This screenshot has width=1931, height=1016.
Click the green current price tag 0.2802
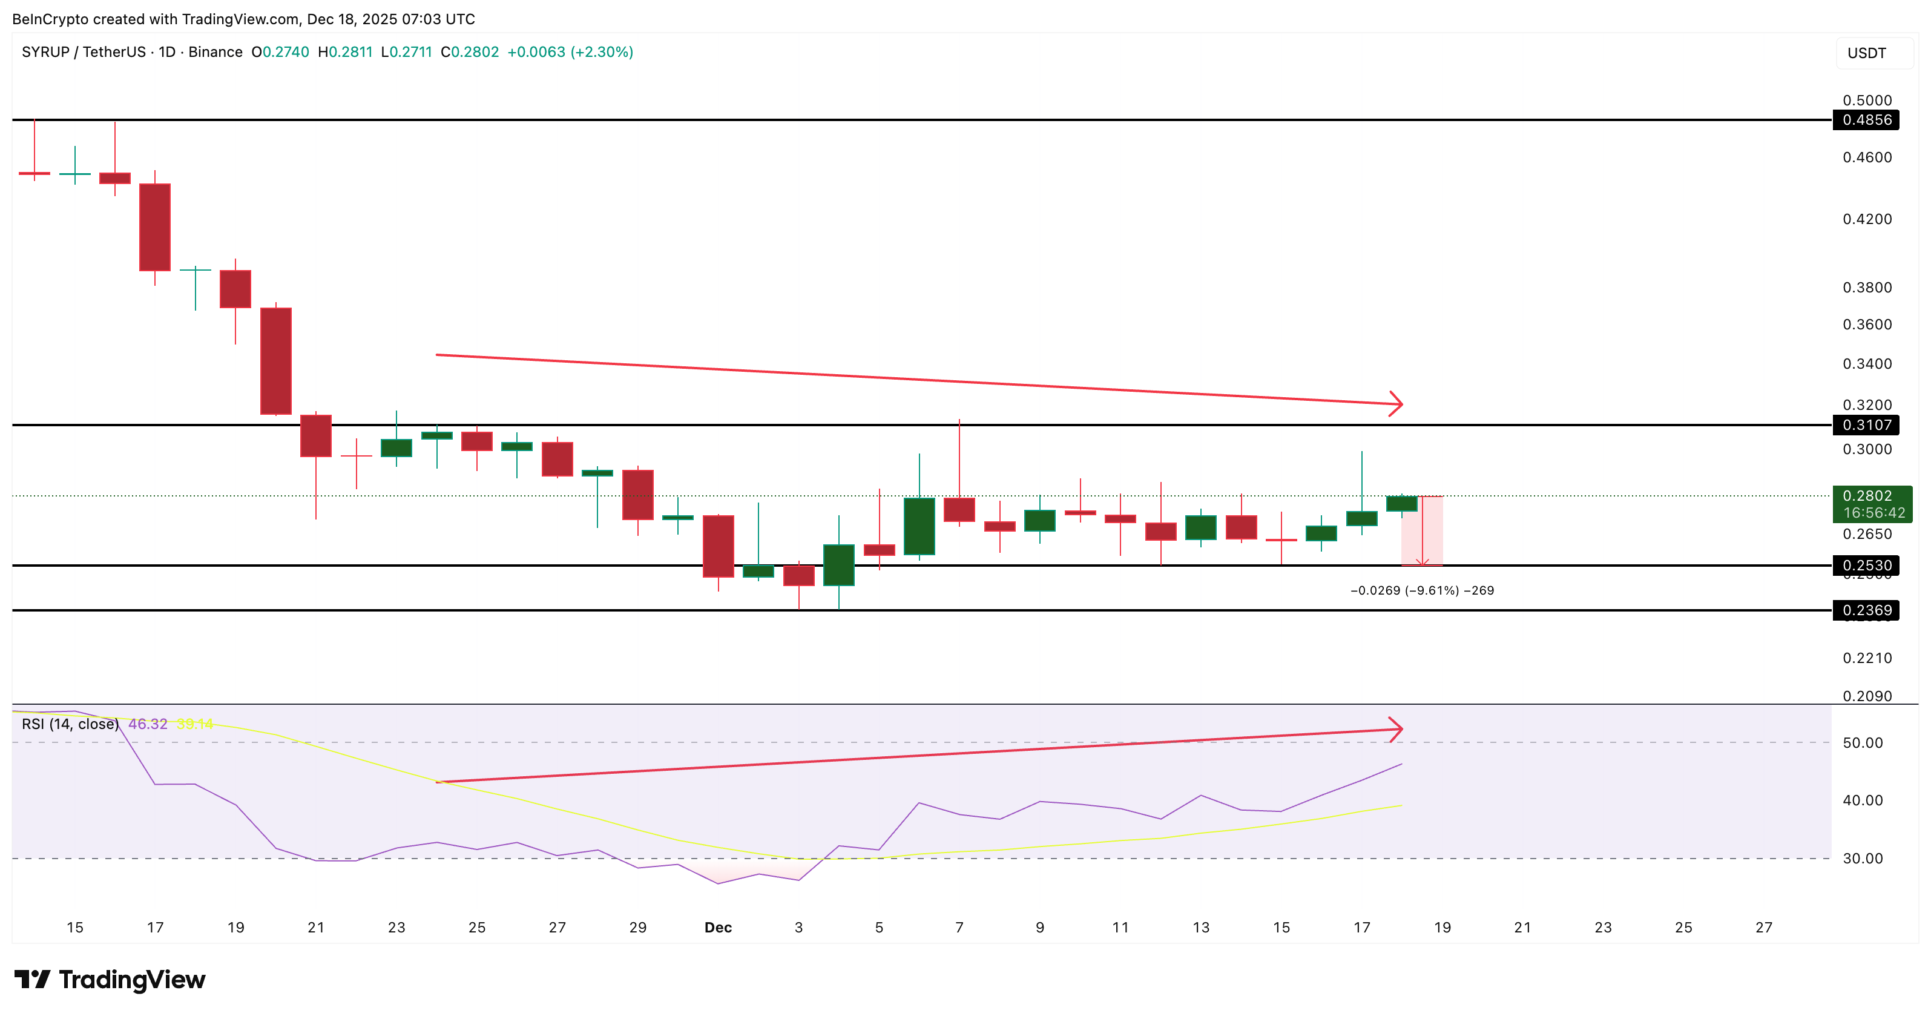pos(1871,496)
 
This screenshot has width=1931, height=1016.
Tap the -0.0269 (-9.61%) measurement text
pos(1421,591)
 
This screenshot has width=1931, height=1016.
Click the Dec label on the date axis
pos(717,928)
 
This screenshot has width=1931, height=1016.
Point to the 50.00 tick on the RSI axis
pos(1862,743)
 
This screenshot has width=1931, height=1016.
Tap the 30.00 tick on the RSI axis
pos(1862,859)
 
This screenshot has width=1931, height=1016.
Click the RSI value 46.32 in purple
pos(148,724)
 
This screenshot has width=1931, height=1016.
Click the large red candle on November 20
pos(276,361)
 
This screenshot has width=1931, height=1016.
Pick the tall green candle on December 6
pos(919,526)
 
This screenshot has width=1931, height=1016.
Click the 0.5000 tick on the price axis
pos(1867,101)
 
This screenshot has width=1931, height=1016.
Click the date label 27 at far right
pos(1763,928)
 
